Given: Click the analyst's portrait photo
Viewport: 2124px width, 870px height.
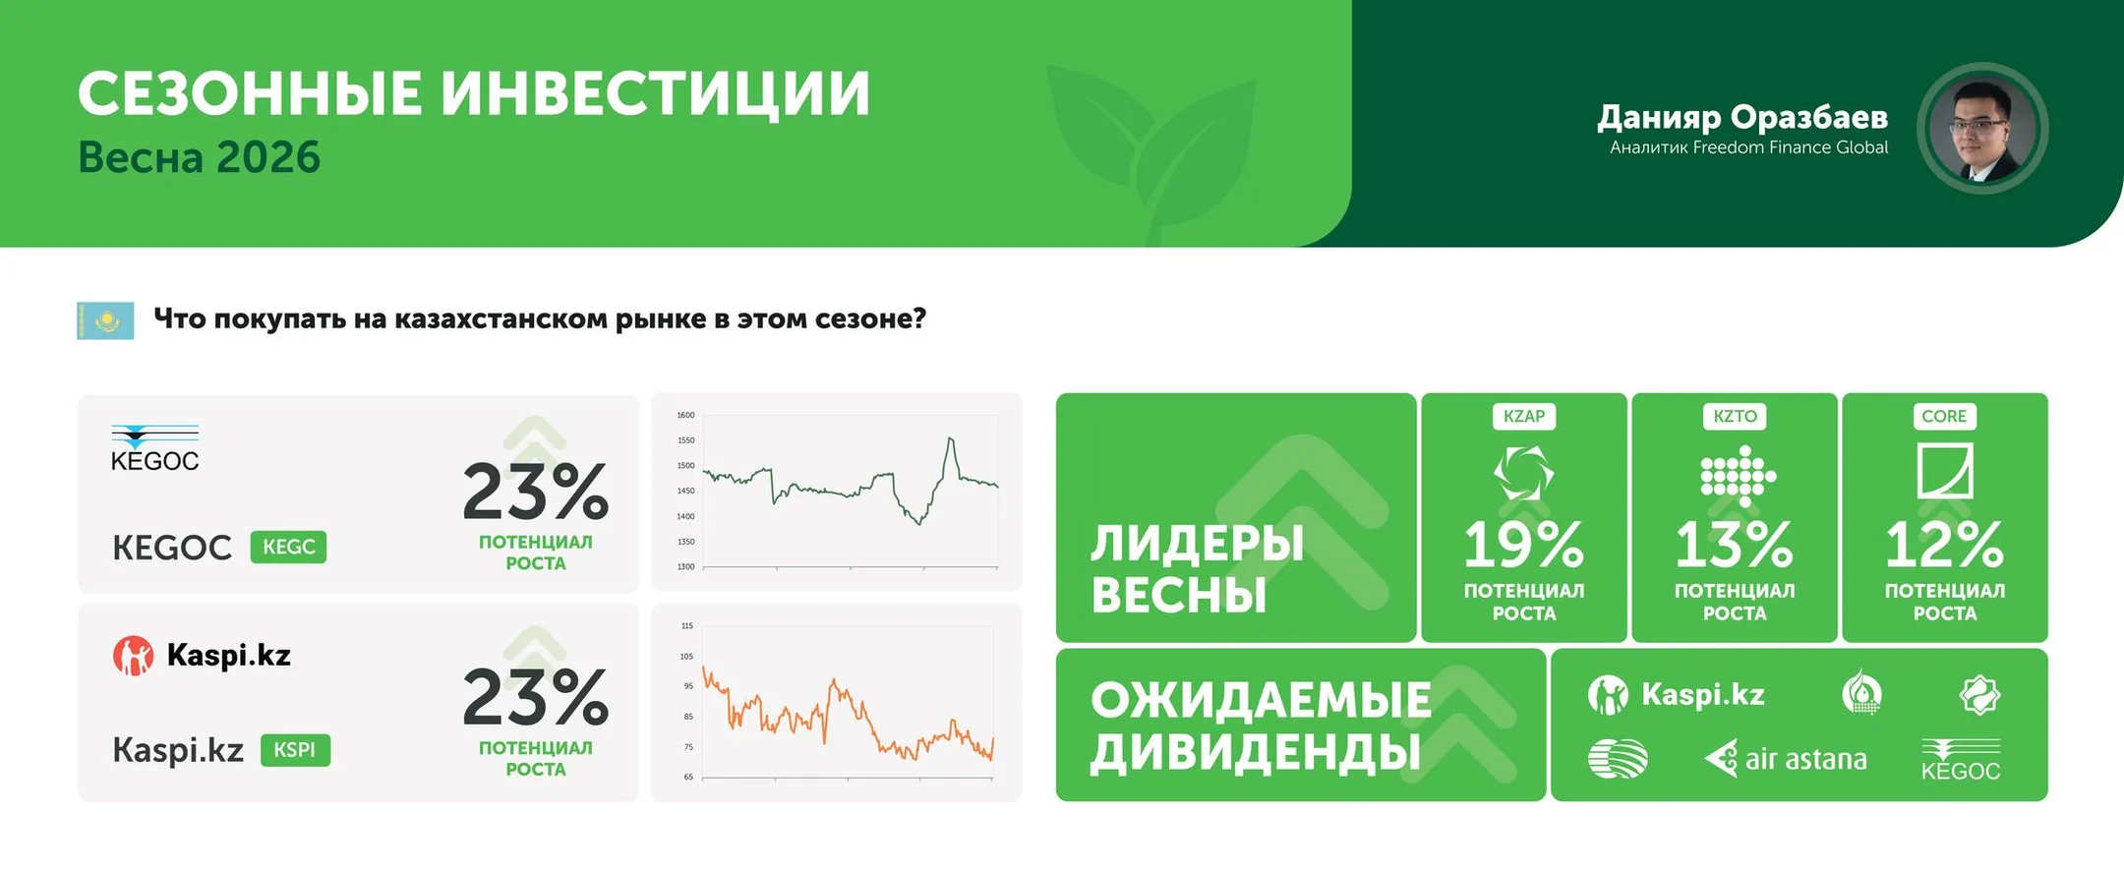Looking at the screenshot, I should [1981, 129].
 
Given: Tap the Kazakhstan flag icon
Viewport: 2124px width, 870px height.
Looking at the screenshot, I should [105, 320].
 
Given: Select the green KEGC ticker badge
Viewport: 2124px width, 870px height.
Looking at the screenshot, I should [288, 547].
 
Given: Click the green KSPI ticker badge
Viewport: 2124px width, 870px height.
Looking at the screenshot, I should [295, 750].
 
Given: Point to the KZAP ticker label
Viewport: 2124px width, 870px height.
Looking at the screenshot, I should [1523, 416].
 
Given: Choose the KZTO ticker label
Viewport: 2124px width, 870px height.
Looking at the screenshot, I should [1734, 416].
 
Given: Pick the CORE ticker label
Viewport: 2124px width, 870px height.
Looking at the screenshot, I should [1944, 416].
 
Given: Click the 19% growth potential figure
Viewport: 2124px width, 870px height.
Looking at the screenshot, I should [1523, 546].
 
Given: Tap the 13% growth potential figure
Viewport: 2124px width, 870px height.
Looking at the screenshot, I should [1734, 546].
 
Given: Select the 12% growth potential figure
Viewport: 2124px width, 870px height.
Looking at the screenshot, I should [1944, 546].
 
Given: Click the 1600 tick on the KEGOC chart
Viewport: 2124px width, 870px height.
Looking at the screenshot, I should [685, 415].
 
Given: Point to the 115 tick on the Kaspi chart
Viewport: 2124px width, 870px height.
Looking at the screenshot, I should [687, 625].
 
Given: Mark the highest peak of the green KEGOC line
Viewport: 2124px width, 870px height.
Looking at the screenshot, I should [950, 438].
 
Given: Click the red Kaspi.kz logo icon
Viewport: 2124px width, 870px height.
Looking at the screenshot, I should [133, 656].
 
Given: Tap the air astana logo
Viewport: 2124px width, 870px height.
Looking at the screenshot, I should [1785, 759].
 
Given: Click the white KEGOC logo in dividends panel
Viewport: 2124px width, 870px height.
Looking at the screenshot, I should [1961, 761].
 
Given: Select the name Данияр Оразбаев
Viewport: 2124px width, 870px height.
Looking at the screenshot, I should [1741, 117].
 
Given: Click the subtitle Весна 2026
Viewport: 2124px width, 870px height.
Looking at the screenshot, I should [200, 157].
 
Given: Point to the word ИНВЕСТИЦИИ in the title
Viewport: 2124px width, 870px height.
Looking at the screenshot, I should [654, 94].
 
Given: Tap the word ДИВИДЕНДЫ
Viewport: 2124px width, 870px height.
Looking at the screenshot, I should [1256, 752].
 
